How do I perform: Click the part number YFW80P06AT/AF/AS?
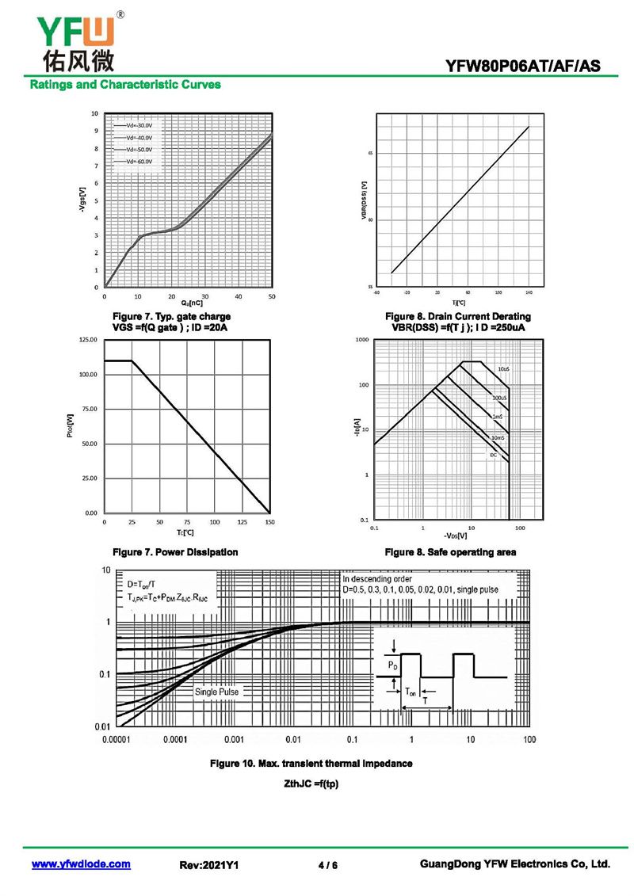(529, 67)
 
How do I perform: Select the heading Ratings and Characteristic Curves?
(125, 84)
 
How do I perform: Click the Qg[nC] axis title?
(191, 303)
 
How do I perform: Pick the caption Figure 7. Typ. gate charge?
(172, 317)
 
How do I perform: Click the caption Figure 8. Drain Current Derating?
(460, 317)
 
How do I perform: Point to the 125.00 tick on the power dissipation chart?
(85, 339)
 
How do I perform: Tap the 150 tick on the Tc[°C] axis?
(269, 523)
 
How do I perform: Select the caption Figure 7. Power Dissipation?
(175, 551)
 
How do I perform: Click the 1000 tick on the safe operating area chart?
(363, 340)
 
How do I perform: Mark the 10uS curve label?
(503, 369)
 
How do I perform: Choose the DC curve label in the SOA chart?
(493, 455)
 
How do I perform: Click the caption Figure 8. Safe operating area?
(450, 551)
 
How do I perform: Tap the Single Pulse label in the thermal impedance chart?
(216, 692)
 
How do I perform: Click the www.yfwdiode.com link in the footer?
(81, 864)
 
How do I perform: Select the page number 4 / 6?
(327, 865)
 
